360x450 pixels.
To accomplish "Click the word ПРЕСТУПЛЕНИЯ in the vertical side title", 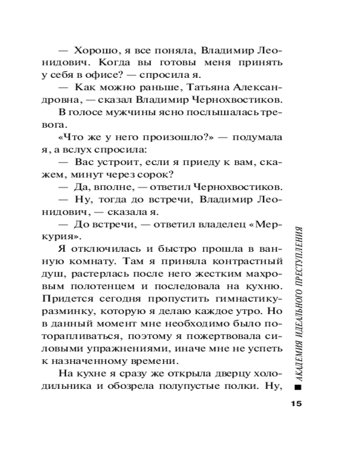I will tap(297, 257).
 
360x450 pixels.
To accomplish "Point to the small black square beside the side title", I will tap(297, 387).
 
